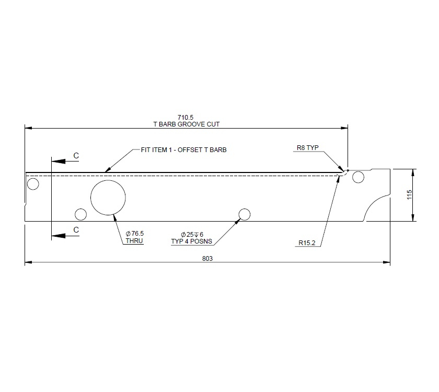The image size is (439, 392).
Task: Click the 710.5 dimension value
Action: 186,118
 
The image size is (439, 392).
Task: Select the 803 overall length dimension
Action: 207,258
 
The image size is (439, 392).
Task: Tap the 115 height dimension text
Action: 409,195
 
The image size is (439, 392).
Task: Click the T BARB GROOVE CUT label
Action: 186,124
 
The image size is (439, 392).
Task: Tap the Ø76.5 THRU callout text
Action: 134,237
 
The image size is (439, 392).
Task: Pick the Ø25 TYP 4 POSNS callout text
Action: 192,238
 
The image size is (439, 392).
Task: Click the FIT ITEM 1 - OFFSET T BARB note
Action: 183,149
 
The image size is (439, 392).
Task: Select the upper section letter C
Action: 76,155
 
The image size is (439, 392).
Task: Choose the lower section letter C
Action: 76,229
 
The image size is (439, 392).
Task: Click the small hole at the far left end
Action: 33,184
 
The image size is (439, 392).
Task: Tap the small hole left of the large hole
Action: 80,214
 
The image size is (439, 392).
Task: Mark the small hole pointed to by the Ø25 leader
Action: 244,214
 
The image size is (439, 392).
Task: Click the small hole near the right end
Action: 358,177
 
